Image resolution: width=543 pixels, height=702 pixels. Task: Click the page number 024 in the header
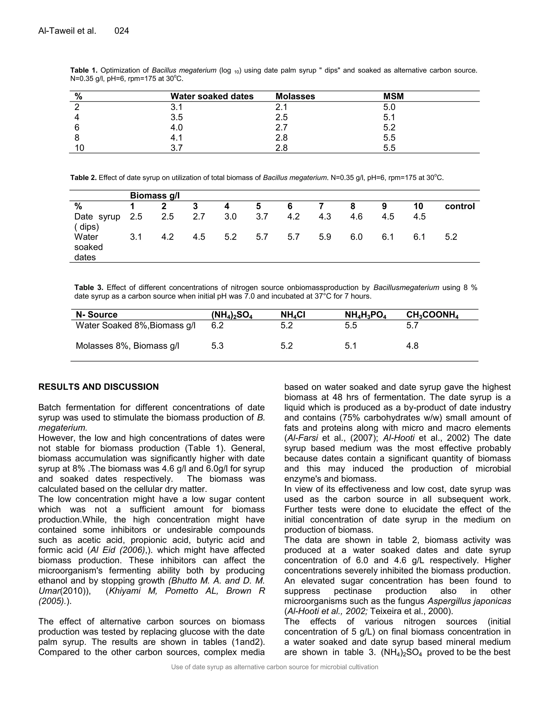pyautogui.click(x=122, y=31)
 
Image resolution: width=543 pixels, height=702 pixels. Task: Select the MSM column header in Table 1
pyautogui.click(x=393, y=96)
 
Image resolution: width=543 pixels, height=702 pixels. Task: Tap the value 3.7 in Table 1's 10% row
pyautogui.click(x=176, y=148)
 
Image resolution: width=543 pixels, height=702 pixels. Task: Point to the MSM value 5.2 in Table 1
pyautogui.click(x=389, y=127)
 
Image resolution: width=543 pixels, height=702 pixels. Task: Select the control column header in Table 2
pyautogui.click(x=459, y=206)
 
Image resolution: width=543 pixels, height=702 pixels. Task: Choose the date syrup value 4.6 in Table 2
pyautogui.click(x=356, y=216)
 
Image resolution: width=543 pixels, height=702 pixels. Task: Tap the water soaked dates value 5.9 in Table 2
pyautogui.click(x=325, y=237)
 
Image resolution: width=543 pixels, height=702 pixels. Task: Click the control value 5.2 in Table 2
pyautogui.click(x=451, y=237)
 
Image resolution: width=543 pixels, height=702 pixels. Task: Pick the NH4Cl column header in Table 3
pyautogui.click(x=293, y=315)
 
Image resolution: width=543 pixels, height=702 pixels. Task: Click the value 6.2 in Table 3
pyautogui.click(x=217, y=325)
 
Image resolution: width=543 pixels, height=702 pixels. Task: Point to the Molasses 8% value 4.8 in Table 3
pyautogui.click(x=412, y=346)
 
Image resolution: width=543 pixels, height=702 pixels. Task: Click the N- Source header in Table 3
pyautogui.click(x=97, y=315)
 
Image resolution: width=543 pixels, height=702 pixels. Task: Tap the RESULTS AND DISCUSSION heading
pyautogui.click(x=98, y=387)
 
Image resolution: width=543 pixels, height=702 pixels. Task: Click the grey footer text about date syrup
pyautogui.click(x=274, y=667)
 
